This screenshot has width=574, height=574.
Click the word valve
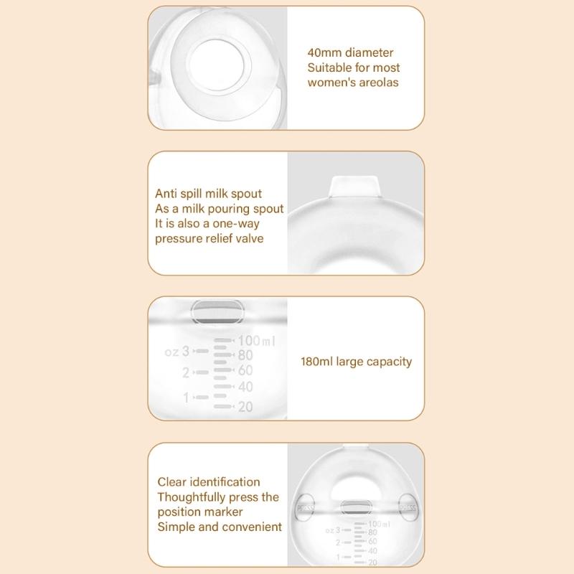click(248, 238)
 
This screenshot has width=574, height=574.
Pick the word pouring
click(219, 209)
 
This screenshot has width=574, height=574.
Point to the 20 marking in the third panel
click(244, 406)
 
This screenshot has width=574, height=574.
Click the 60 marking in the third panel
click(244, 370)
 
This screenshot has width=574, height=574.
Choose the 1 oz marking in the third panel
click(186, 397)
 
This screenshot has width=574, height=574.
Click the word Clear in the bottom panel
click(172, 482)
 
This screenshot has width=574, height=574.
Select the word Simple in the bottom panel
click(176, 527)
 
